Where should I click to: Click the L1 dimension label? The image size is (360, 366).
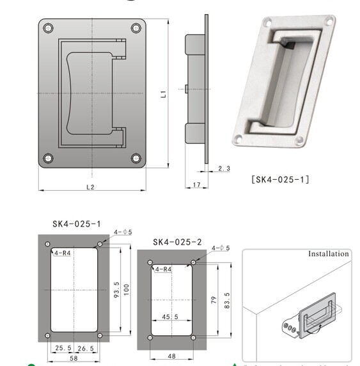click(164, 94)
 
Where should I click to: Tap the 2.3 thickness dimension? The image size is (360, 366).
click(223, 168)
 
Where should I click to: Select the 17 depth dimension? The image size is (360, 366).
click(197, 186)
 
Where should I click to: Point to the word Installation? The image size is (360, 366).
click(329, 254)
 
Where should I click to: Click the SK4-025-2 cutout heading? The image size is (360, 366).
click(177, 242)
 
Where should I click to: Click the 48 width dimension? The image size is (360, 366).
click(171, 355)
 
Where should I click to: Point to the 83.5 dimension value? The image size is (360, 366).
click(224, 299)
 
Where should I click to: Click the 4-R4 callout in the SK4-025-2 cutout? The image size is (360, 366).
click(162, 269)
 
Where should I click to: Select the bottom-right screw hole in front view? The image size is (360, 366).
click(136, 158)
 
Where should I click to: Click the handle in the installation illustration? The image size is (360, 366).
click(317, 315)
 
